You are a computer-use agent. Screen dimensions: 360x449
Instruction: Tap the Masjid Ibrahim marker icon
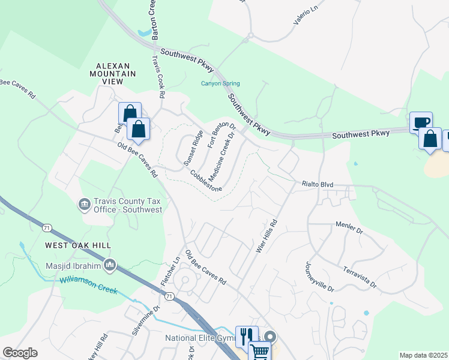109,264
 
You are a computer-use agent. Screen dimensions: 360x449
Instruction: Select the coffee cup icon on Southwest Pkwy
421,122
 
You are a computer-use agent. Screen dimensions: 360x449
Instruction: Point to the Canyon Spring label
220,83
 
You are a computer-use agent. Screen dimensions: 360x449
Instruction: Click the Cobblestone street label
206,181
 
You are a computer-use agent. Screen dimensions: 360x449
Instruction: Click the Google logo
20,353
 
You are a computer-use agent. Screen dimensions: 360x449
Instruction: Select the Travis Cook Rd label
158,77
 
